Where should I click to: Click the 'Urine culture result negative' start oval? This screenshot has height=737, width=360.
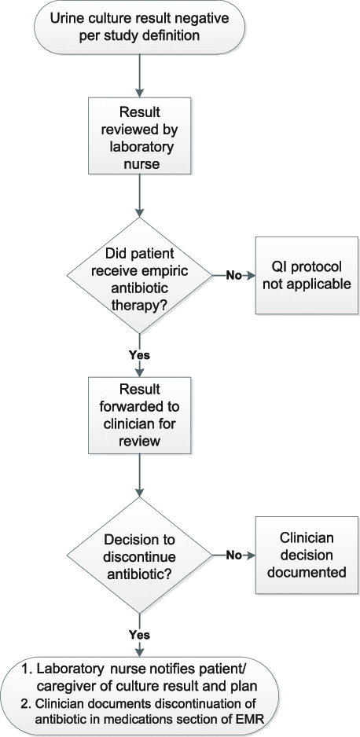tap(140, 27)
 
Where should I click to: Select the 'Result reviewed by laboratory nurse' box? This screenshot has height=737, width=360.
tap(140, 136)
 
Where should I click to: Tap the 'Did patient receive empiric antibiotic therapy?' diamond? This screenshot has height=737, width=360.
tap(140, 276)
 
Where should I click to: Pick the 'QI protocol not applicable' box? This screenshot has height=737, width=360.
tap(307, 276)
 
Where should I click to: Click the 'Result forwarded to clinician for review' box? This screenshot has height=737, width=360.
tap(140, 415)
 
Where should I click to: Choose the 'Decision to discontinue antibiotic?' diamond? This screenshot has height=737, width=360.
tap(140, 555)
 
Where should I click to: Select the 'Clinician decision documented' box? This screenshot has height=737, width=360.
tap(307, 555)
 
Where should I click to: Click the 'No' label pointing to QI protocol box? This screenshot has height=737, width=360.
tap(234, 276)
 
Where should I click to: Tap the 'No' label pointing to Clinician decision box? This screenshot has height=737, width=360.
tap(234, 555)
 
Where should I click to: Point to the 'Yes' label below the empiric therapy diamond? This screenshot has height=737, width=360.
tap(140, 355)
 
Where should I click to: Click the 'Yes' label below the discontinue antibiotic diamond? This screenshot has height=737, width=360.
tap(140, 635)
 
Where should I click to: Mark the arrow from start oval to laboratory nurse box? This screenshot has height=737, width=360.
tap(140, 75)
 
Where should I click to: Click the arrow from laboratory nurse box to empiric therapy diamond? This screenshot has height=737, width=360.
tap(140, 196)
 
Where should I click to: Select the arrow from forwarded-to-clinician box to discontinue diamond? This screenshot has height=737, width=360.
tap(140, 475)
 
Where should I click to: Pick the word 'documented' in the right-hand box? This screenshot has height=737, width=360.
tap(307, 573)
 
